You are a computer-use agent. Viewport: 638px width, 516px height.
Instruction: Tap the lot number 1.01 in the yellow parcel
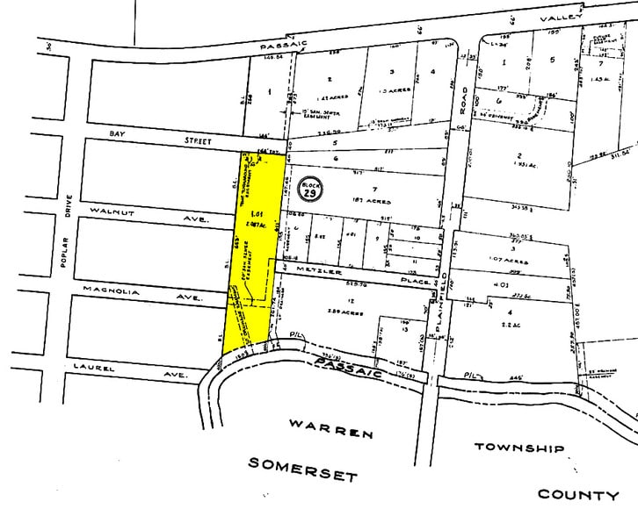click(x=257, y=214)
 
